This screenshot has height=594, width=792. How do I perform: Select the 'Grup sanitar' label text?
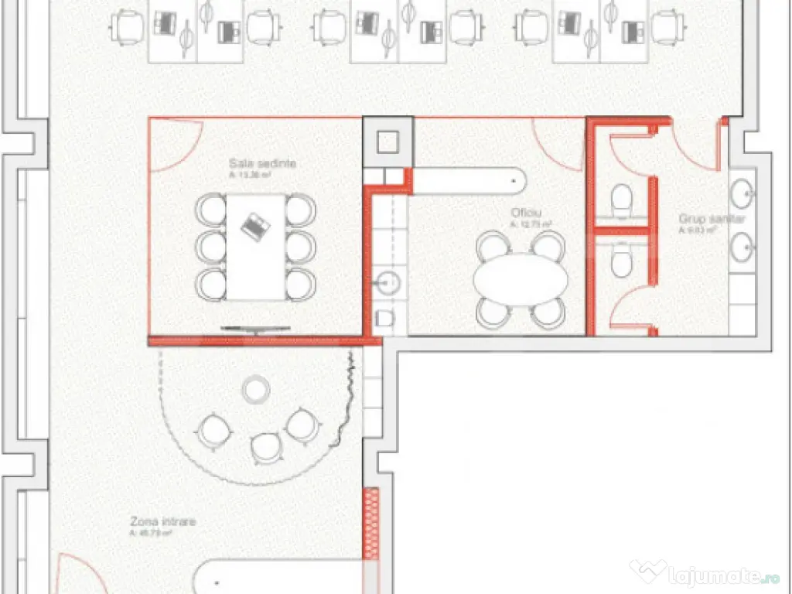[712, 219]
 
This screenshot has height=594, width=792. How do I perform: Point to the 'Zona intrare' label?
[162, 522]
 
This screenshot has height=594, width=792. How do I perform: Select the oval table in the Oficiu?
[521, 279]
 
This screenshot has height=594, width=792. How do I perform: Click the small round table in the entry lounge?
[255, 389]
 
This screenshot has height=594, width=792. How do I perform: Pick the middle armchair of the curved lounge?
[267, 446]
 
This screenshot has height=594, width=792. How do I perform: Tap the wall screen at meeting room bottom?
[255, 329]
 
